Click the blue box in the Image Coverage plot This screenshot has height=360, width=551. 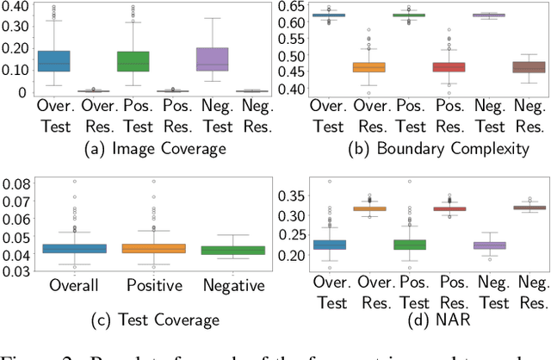[x=54, y=61]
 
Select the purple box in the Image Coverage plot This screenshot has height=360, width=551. [x=213, y=59]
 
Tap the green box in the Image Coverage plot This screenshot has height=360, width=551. [x=133, y=61]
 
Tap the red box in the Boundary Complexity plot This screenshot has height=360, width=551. [x=449, y=67]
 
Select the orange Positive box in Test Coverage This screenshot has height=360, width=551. [x=155, y=249]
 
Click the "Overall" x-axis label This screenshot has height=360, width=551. [x=74, y=285]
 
